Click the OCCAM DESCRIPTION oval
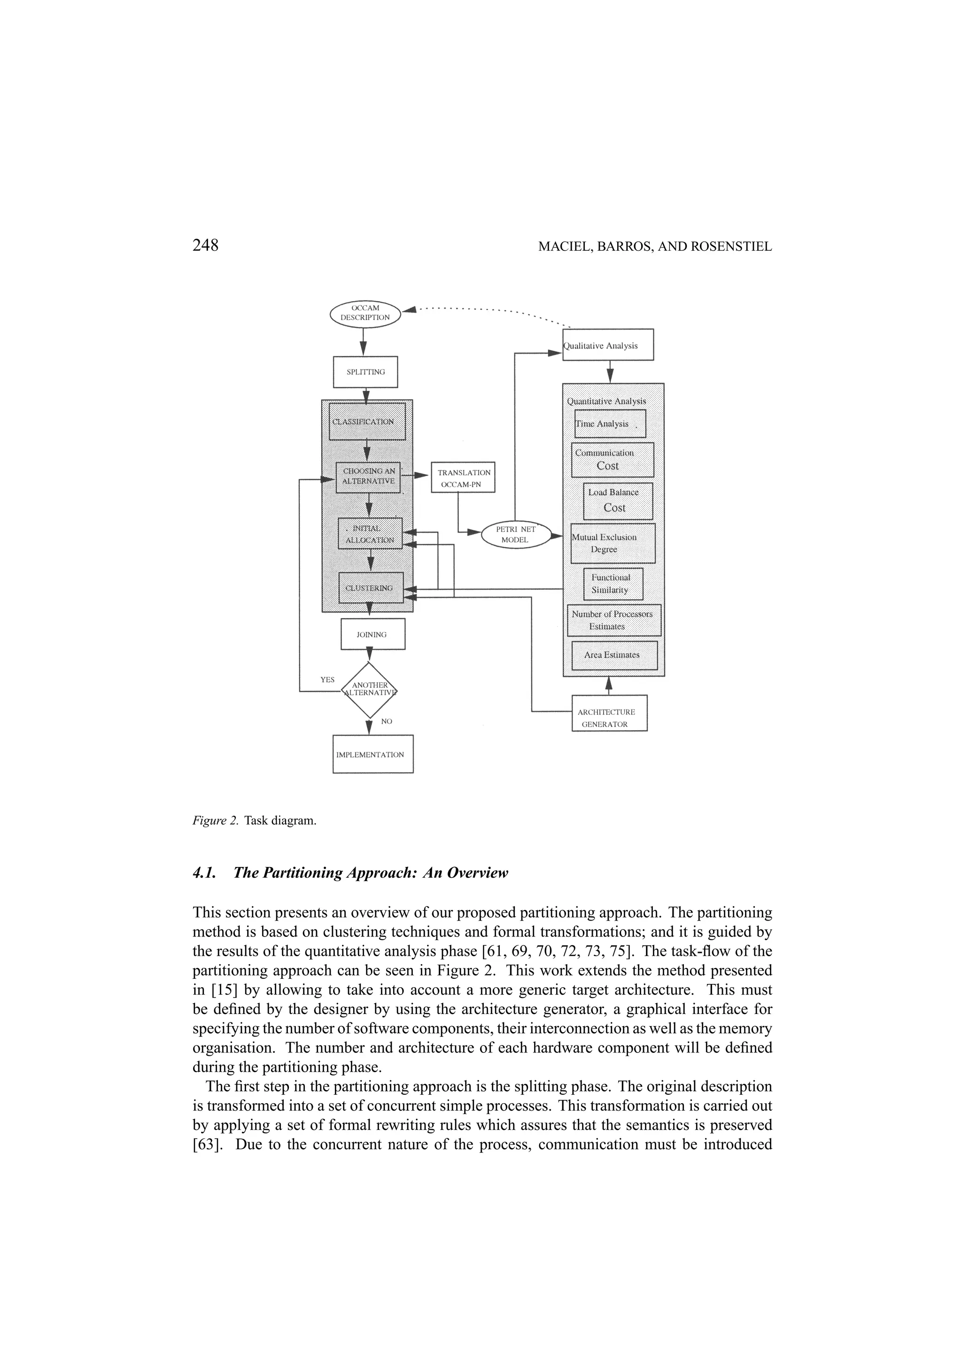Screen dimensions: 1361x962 pyautogui.click(x=365, y=313)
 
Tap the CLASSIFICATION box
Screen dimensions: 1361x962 pyautogui.click(x=367, y=421)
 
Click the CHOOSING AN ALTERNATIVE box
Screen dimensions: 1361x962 pyautogui.click(x=368, y=477)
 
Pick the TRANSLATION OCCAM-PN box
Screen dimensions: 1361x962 pyautogui.click(x=463, y=478)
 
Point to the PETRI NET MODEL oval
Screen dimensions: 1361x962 pyautogui.click(x=516, y=534)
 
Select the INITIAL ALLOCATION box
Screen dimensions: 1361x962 pyautogui.click(x=370, y=534)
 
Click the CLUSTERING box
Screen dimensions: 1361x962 pyautogui.click(x=371, y=588)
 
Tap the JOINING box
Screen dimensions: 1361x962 pyautogui.click(x=372, y=634)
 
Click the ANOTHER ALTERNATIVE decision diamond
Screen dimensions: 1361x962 pyautogui.click(x=369, y=690)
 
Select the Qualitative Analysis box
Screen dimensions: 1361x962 pyautogui.click(x=607, y=345)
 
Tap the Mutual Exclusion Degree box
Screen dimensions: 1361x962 pyautogui.click(x=613, y=543)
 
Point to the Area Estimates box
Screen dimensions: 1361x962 pyautogui.click(x=614, y=655)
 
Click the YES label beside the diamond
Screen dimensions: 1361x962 pyautogui.click(x=327, y=680)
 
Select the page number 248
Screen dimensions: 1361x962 pyautogui.click(x=206, y=246)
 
